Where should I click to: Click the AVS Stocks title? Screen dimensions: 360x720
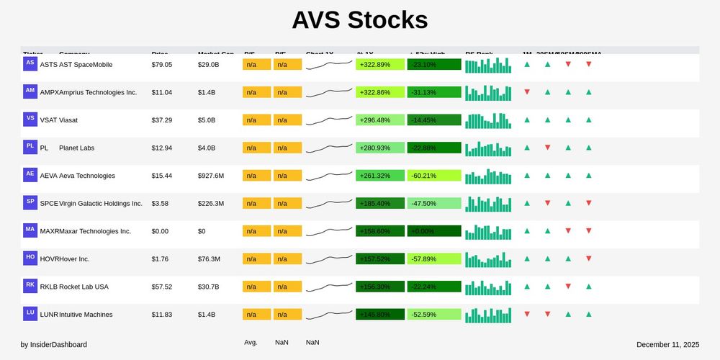(359, 20)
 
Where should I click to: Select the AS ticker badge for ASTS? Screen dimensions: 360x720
(30, 63)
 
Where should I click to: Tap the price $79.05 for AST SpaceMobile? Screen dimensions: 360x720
(162, 65)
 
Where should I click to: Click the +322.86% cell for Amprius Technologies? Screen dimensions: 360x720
(380, 92)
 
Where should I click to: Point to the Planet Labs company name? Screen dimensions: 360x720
(76, 148)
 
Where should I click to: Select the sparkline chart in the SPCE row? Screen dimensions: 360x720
(329, 203)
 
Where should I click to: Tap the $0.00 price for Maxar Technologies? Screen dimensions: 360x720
(160, 231)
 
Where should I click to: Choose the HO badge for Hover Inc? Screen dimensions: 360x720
(30, 257)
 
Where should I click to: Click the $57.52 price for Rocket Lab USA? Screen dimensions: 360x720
(162, 287)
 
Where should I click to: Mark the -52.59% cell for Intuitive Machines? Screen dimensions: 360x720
(434, 315)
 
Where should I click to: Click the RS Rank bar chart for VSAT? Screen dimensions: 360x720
(488, 120)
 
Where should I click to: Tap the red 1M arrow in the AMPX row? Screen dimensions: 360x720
(527, 92)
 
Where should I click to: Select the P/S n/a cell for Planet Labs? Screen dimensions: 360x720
(256, 148)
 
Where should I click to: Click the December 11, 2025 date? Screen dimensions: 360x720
(667, 345)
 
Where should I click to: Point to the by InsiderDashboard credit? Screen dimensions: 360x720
(54, 345)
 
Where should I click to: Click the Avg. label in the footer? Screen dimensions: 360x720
(251, 343)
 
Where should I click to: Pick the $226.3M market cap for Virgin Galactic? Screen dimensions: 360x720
(211, 204)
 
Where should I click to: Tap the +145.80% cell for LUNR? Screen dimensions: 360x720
(380, 315)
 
